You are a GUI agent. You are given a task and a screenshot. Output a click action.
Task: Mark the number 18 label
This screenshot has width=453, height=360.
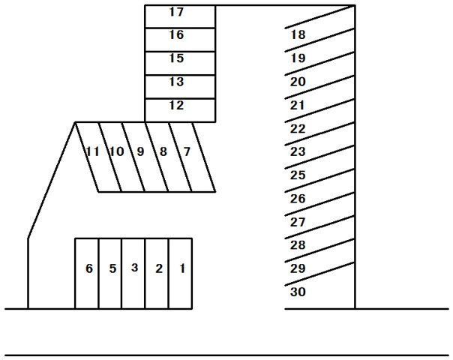298,34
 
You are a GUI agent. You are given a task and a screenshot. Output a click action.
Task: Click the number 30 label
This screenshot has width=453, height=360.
298,292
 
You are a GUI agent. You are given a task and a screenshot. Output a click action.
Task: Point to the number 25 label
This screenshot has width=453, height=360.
298,175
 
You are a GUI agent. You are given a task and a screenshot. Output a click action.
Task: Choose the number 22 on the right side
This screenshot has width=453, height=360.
298,128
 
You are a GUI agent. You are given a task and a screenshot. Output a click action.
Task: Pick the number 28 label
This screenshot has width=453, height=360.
298,245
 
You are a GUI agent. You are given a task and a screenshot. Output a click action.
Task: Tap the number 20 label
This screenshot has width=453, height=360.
298,81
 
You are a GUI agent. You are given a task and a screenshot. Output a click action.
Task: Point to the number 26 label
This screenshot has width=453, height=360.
298,199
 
